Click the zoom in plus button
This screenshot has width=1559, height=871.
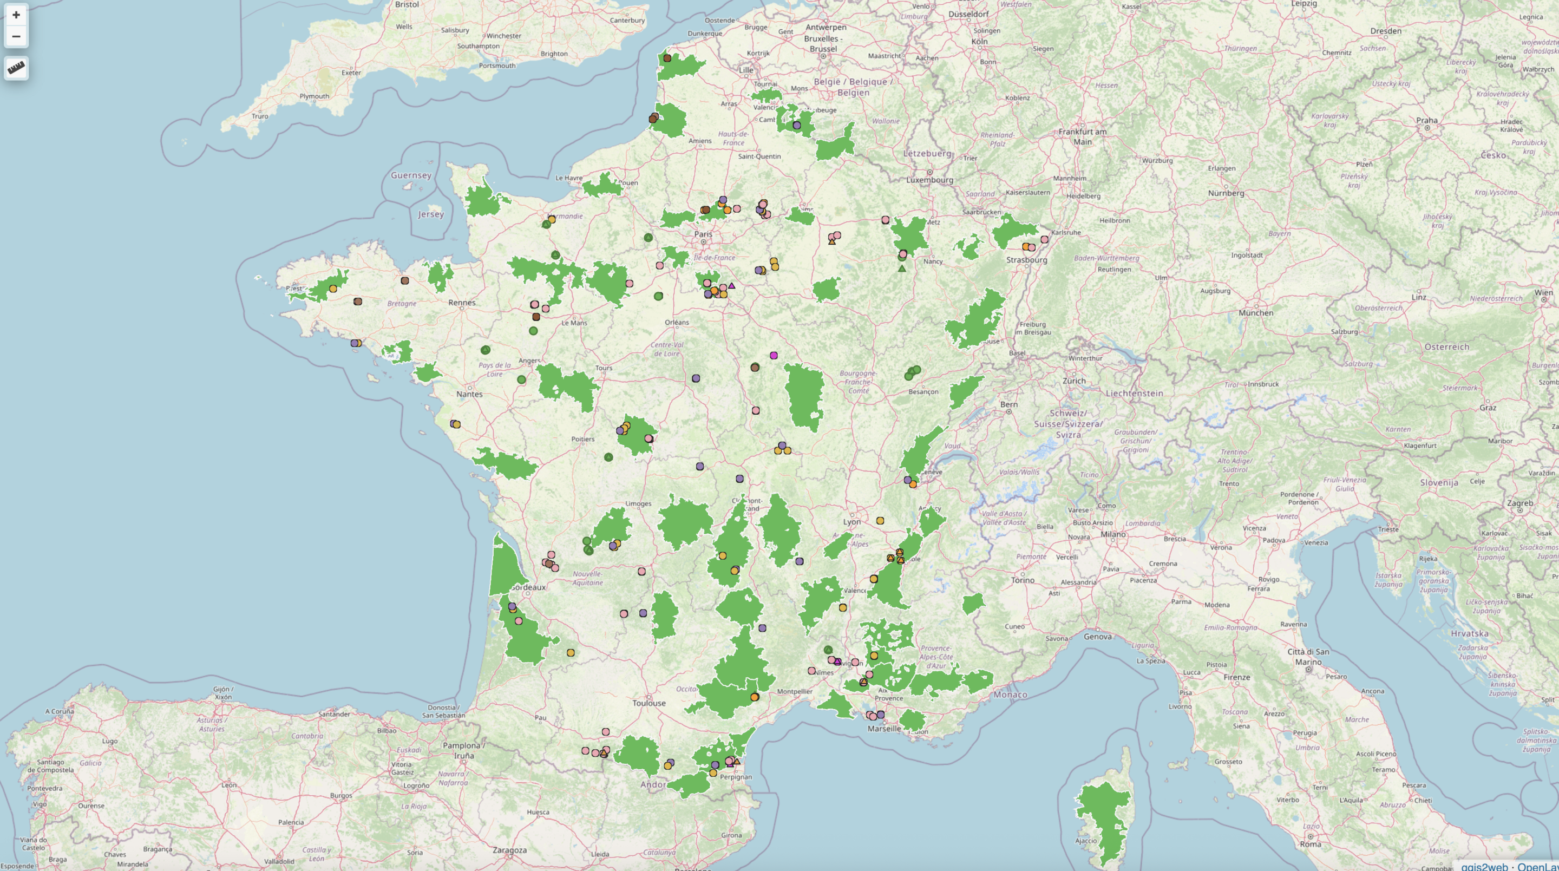tap(16, 15)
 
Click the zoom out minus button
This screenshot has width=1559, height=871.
tap(16, 36)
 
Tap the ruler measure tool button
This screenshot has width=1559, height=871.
tap(16, 68)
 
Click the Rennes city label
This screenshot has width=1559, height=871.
tap(462, 303)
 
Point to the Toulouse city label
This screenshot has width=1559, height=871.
tap(649, 703)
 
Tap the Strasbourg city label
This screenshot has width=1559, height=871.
tap(1026, 260)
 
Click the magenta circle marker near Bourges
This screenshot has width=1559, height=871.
tap(774, 356)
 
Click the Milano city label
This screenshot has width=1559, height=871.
tap(1113, 534)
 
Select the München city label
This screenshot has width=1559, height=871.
tap(1256, 313)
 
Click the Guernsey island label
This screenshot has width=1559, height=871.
tap(411, 175)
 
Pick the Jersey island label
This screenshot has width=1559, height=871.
tap(431, 214)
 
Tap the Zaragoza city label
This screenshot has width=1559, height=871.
tap(509, 850)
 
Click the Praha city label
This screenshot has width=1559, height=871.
tap(1426, 121)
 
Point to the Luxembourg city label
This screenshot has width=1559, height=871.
tap(929, 180)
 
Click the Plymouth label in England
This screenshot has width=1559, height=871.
tap(314, 96)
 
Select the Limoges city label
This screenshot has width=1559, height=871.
tap(638, 503)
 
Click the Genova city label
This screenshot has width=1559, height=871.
tap(1097, 637)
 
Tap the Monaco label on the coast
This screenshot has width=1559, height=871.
tap(1010, 695)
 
